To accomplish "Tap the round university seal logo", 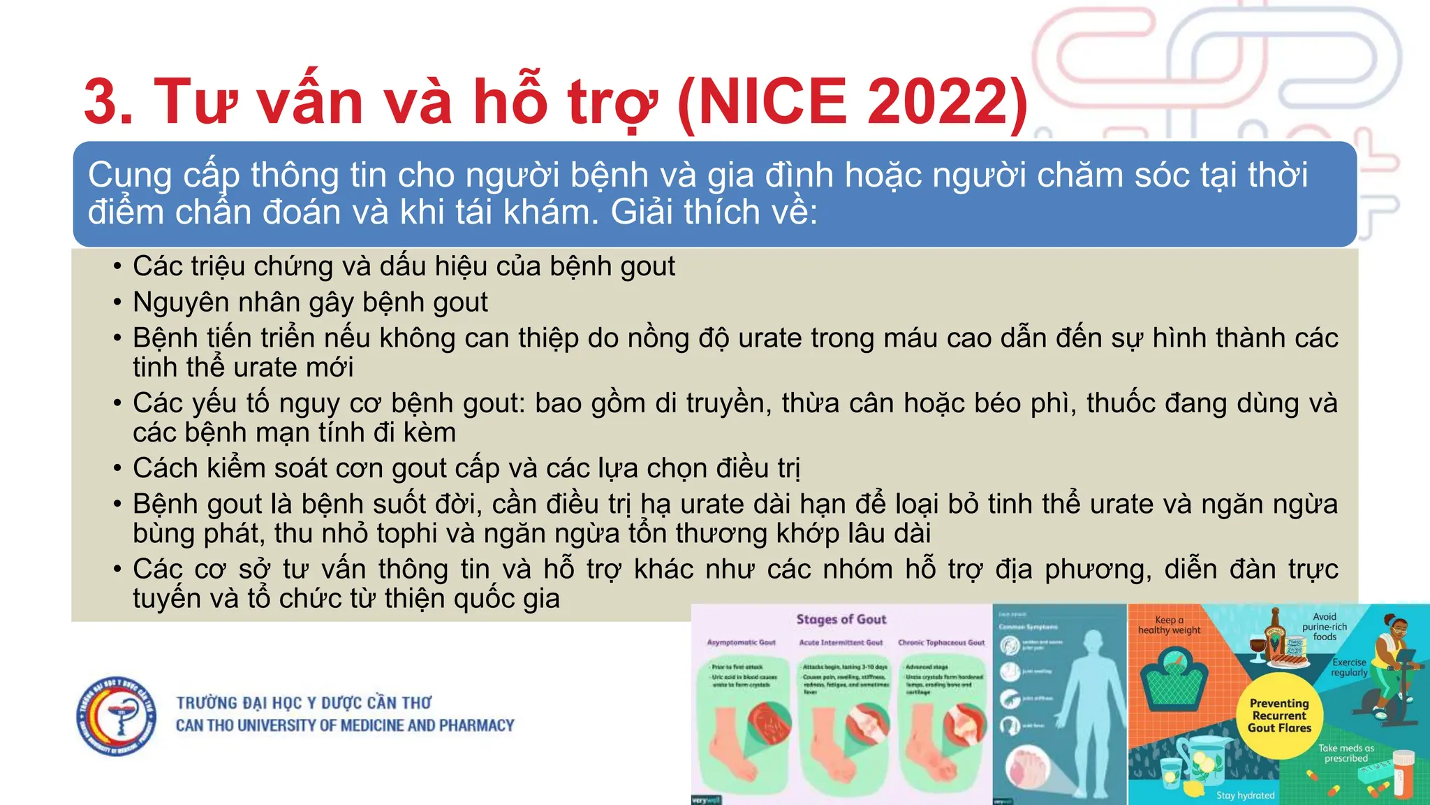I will click(117, 716).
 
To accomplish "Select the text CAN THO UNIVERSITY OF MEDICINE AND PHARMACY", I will click(345, 726).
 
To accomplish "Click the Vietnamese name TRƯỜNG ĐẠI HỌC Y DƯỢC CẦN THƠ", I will click(304, 702).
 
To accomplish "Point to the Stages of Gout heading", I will click(841, 619).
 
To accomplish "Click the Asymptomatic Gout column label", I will click(742, 642).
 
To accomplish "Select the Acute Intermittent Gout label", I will click(841, 642).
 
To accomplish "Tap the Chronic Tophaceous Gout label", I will click(941, 642).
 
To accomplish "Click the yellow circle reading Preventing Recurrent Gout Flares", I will click(1279, 716).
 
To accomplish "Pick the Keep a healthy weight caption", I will click(1170, 625).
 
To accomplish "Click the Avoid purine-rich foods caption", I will click(1325, 626).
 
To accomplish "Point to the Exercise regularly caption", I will click(1349, 667).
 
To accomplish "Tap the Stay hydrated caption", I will click(1245, 795).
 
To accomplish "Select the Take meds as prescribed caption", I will click(1346, 753).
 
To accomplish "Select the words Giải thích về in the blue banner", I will click(714, 212).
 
